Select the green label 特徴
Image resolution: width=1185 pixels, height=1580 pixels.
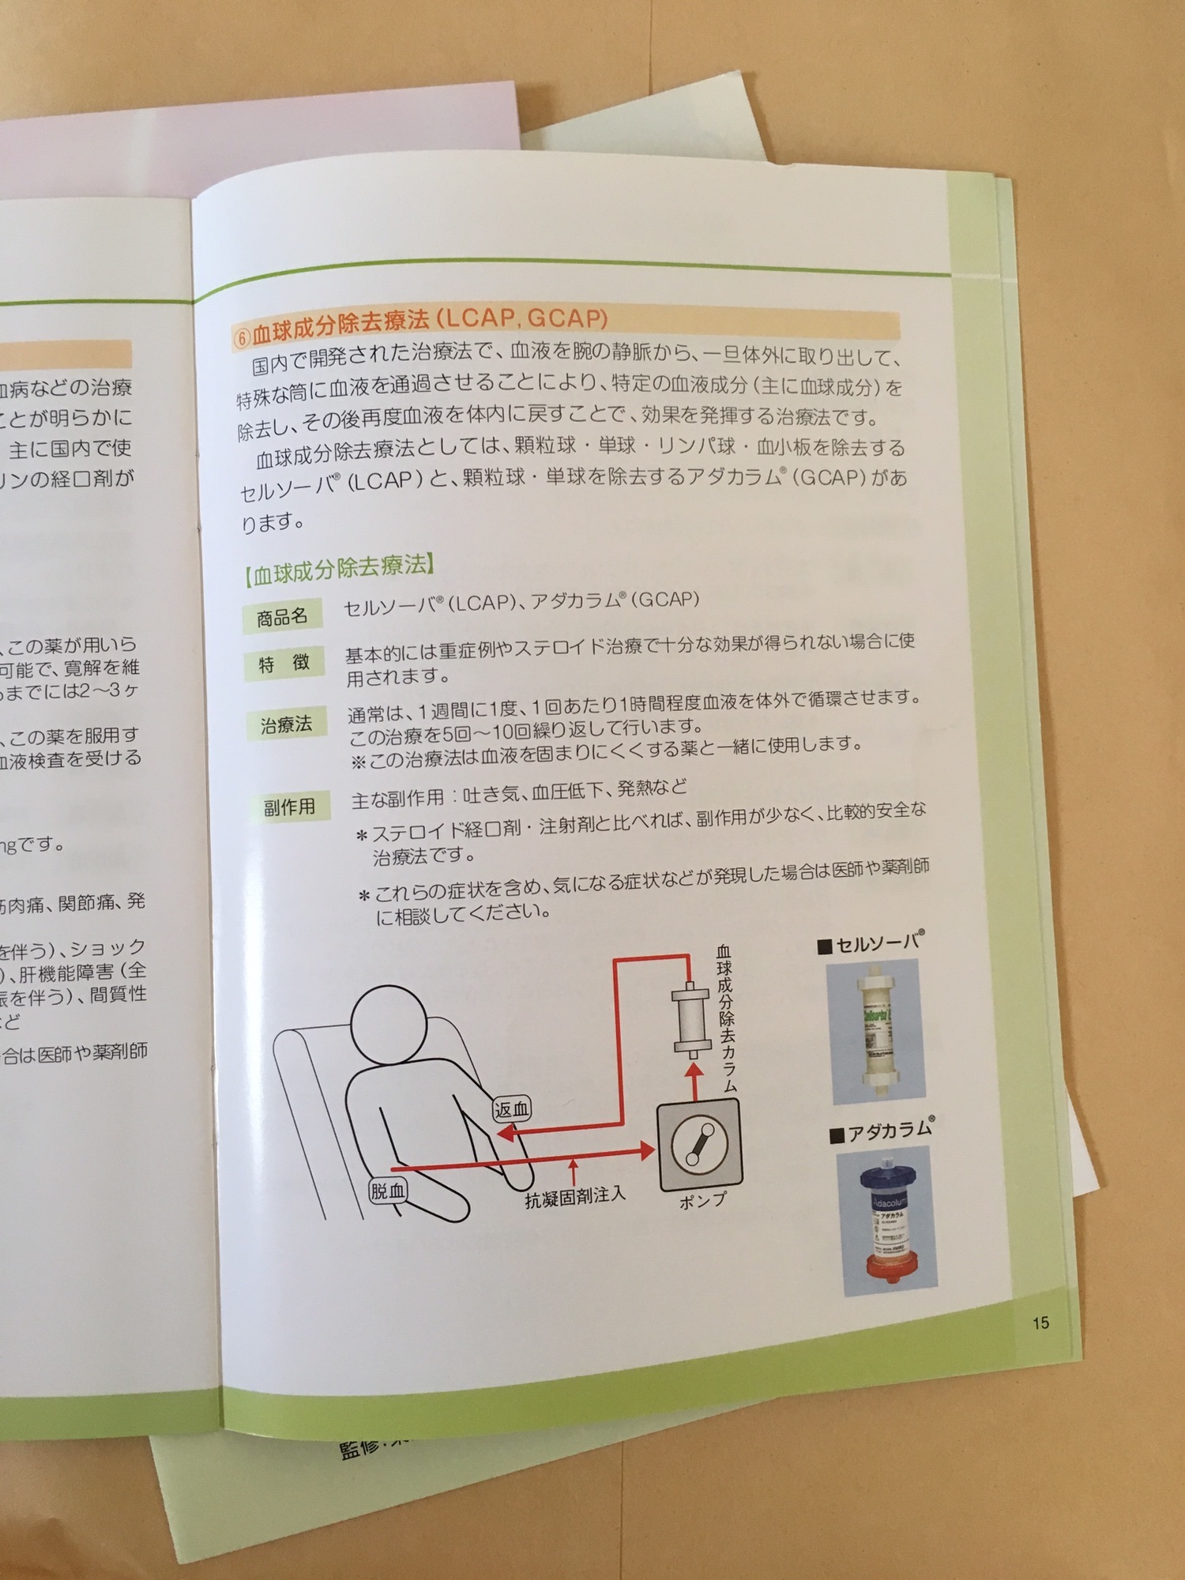point(284,664)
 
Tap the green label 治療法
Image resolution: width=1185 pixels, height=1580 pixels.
point(286,724)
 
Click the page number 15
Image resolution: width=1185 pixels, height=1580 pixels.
point(1040,1322)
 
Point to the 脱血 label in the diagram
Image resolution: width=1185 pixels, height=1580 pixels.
point(388,1191)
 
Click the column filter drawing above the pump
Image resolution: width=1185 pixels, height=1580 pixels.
point(691,1019)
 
